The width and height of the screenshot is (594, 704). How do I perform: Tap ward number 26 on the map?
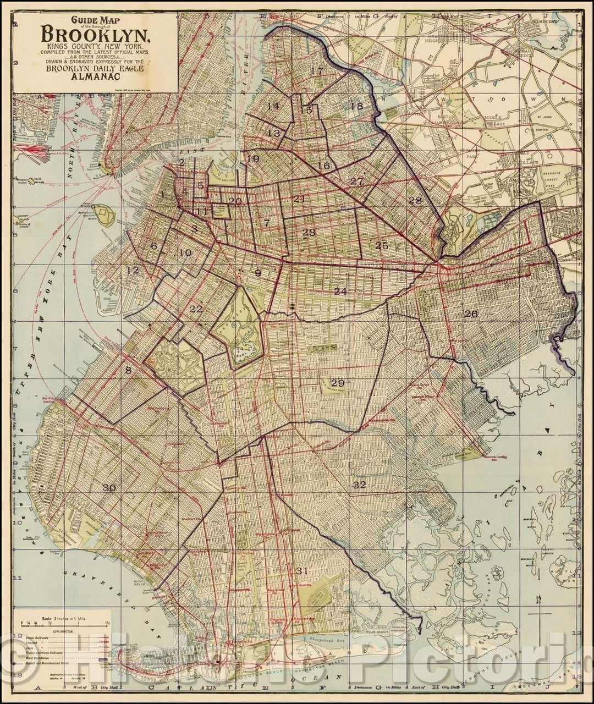470,314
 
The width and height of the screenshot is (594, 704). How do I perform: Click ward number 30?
109,487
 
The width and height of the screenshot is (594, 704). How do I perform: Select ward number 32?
359,485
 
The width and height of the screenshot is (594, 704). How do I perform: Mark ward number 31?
301,570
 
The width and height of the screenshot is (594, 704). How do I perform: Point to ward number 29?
337,383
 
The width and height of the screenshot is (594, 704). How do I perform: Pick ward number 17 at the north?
316,71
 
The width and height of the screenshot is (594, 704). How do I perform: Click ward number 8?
128,371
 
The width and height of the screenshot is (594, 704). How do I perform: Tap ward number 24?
340,291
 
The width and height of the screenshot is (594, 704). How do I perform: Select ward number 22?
196,309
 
